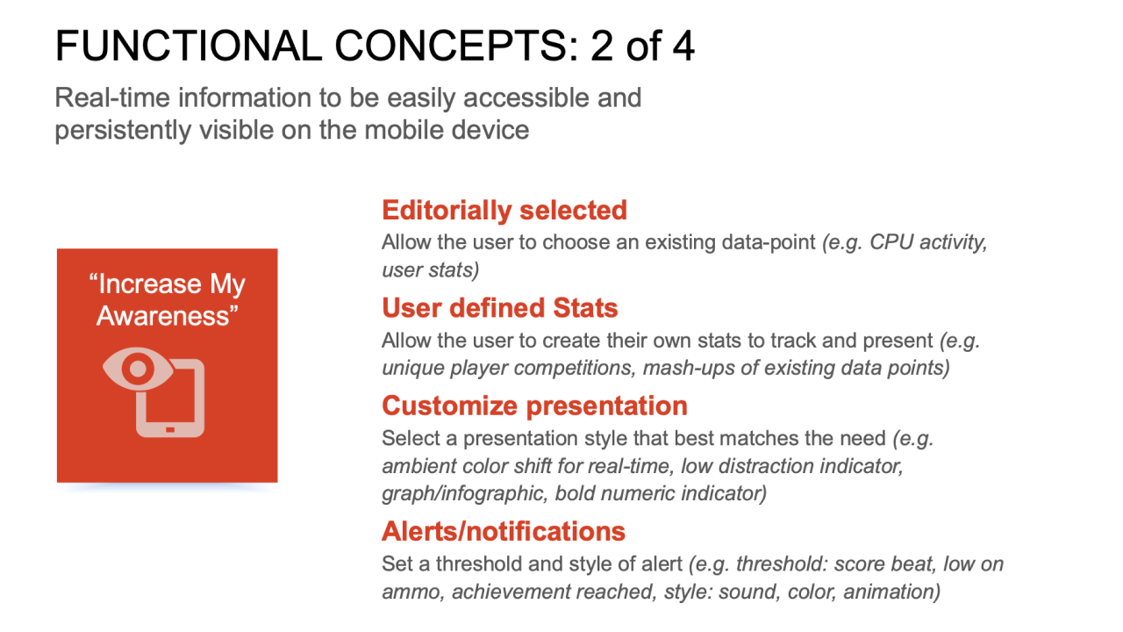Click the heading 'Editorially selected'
[x=504, y=210]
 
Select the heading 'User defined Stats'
[x=500, y=307]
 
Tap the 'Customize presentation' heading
[x=534, y=406]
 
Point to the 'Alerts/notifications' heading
[x=504, y=531]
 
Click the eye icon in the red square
[x=138, y=369]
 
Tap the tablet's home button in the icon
[x=170, y=430]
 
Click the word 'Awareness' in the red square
[x=163, y=316]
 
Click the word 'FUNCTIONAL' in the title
[x=189, y=47]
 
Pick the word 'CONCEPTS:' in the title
[x=456, y=47]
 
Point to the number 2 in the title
[x=602, y=47]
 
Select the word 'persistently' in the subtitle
[x=123, y=131]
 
